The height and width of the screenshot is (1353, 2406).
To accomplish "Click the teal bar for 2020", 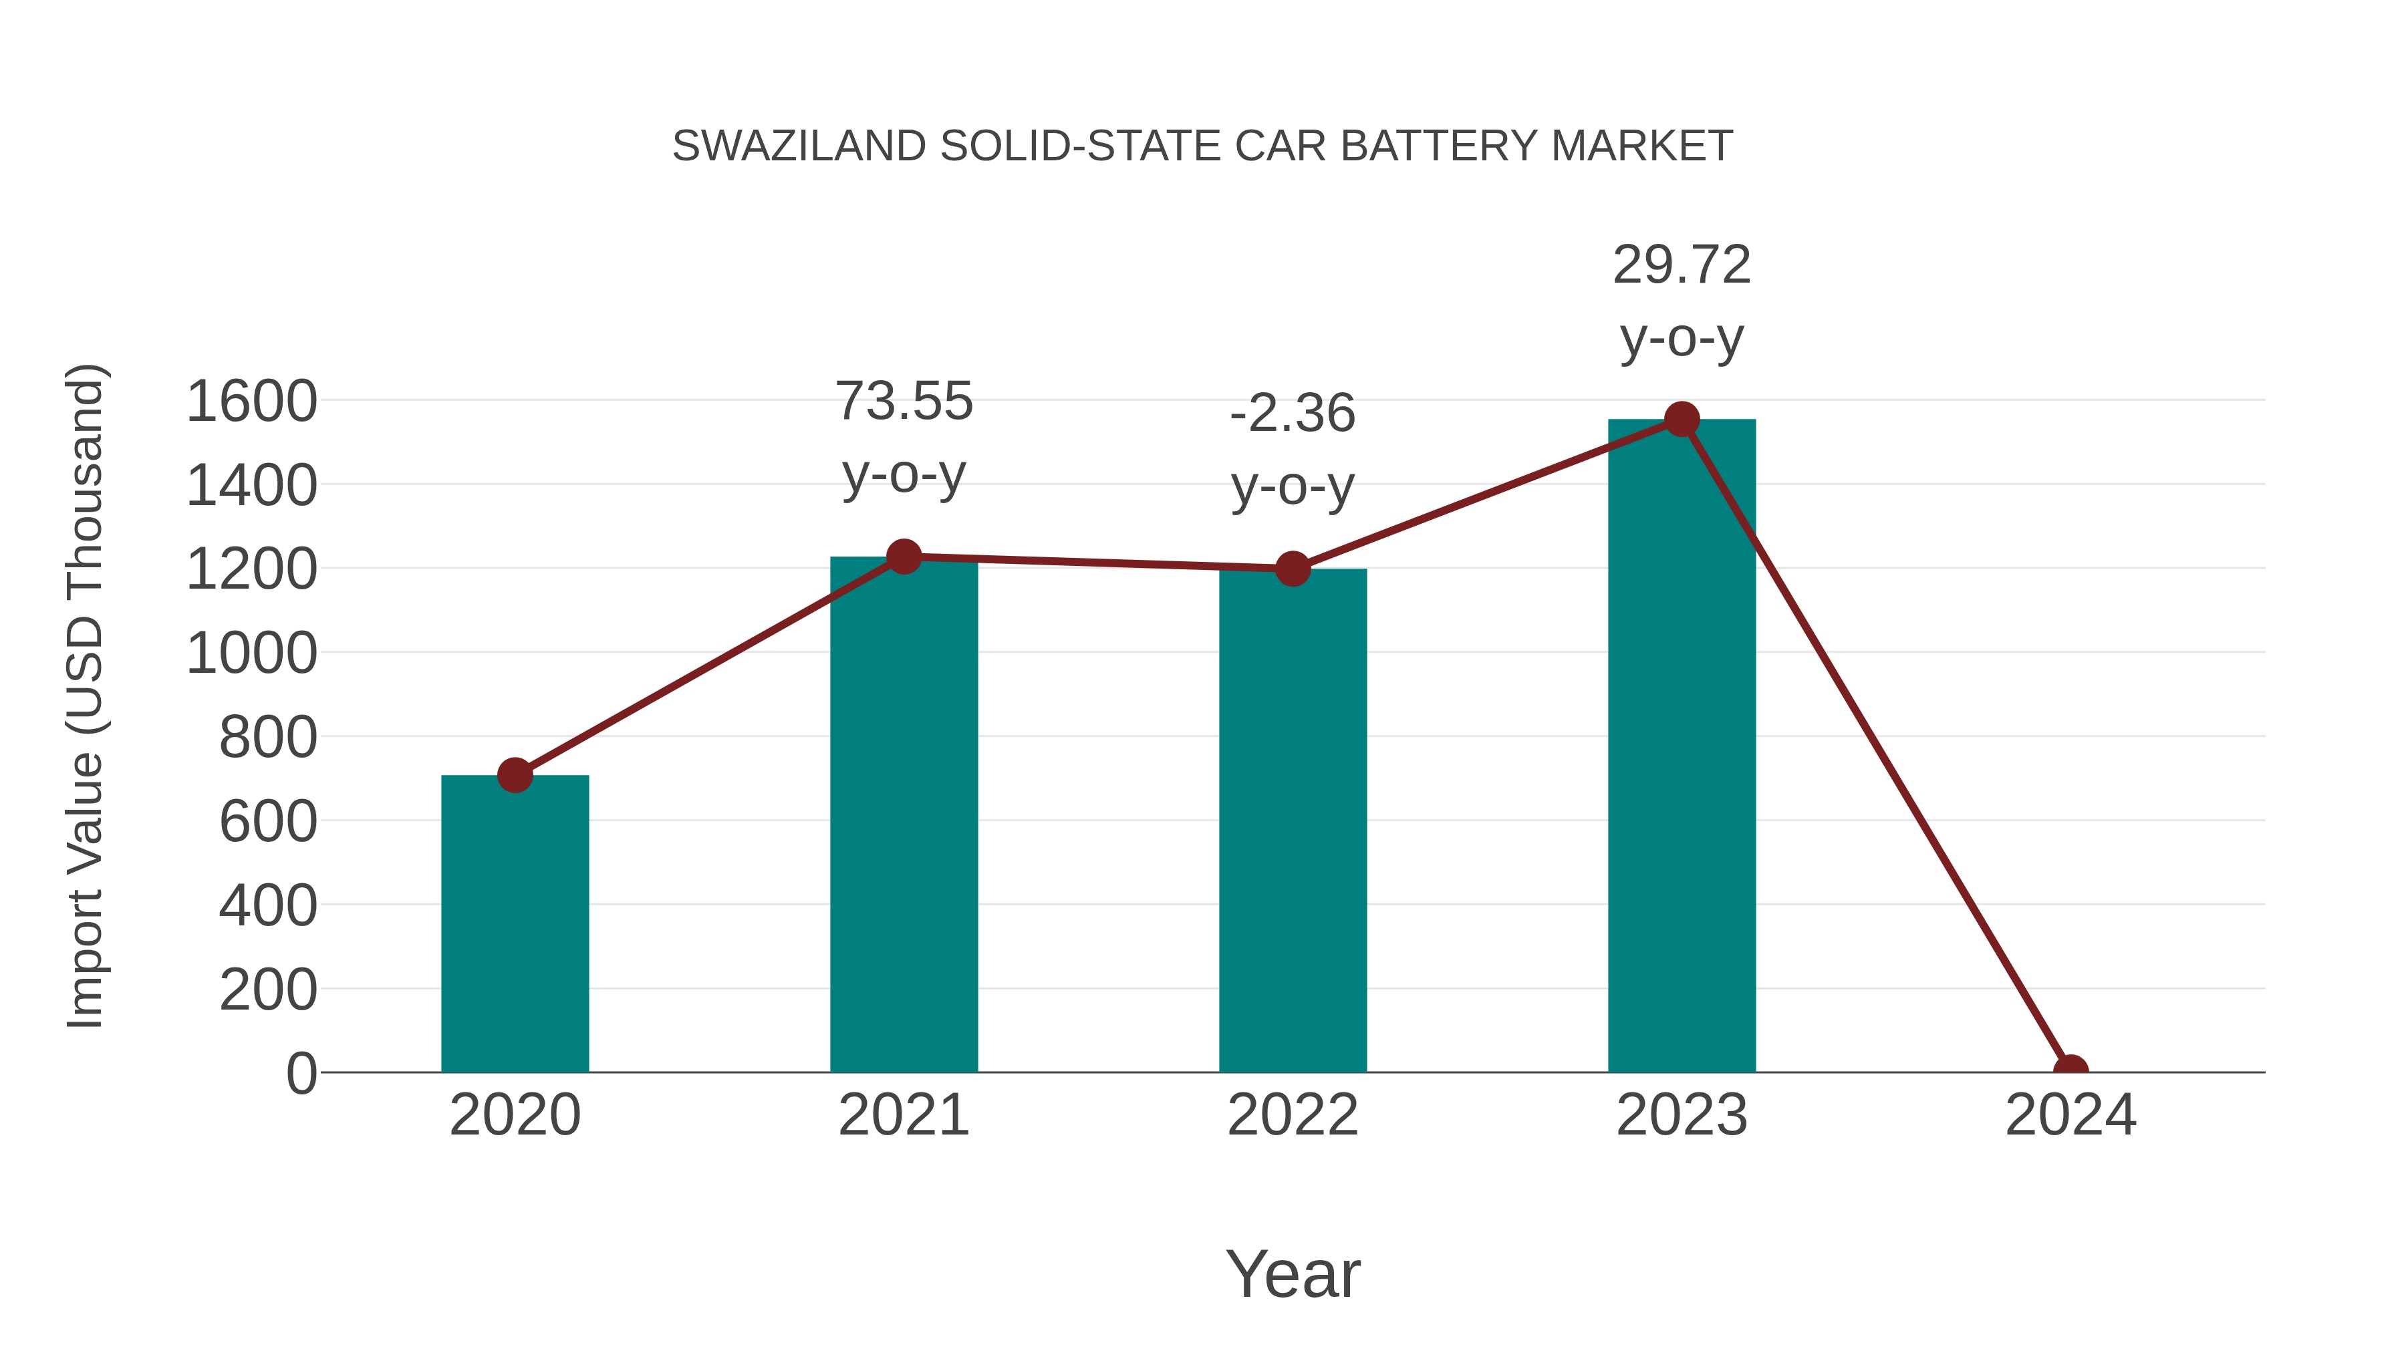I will [x=515, y=925].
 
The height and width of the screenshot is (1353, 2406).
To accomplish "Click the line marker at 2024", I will [x=2070, y=1070].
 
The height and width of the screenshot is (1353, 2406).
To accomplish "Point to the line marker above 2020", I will [x=515, y=775].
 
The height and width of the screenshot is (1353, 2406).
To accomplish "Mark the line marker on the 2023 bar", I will [x=1682, y=420].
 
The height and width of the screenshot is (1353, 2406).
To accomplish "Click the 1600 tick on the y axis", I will [x=251, y=402].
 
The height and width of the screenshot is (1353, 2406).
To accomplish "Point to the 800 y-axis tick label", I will [x=267, y=738].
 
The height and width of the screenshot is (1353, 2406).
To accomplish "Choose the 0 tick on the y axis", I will [x=301, y=1074].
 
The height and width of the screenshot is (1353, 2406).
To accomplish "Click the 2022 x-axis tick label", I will [x=1293, y=1115].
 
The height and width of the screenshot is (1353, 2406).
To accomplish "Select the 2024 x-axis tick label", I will [x=2070, y=1115].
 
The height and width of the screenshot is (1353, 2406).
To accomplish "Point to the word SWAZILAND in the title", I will [x=799, y=146].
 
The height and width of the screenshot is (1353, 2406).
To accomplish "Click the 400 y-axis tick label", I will [x=267, y=906].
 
